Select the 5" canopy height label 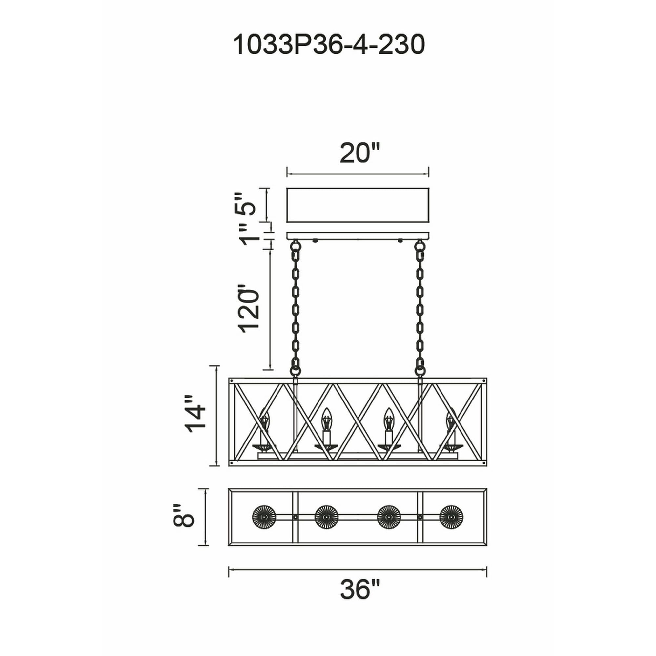(x=243, y=204)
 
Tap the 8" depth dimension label (x=184, y=520)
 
